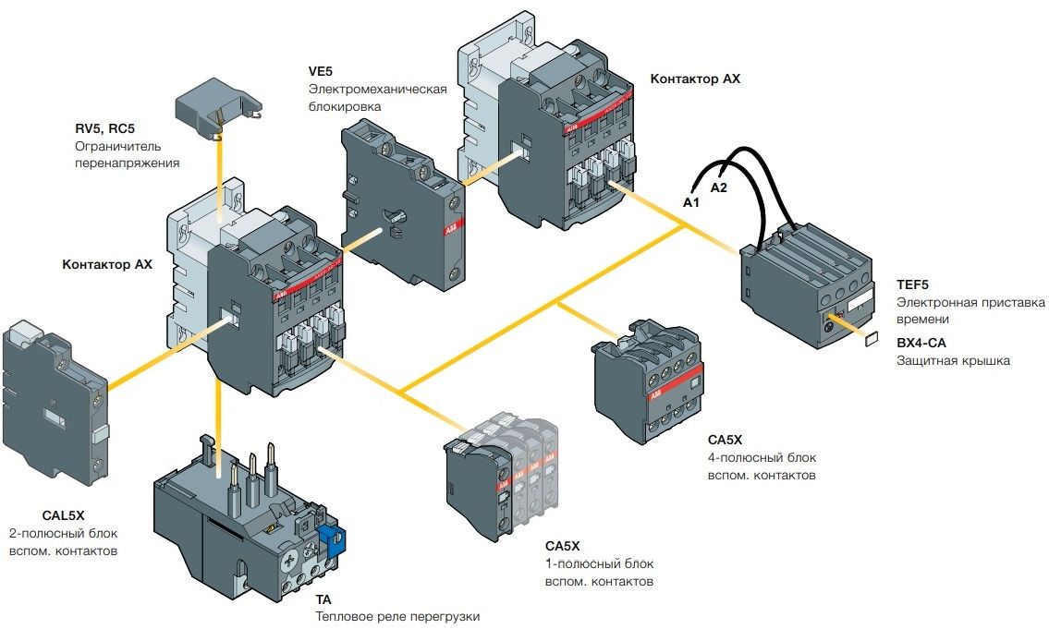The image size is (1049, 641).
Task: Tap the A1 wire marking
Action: click(x=690, y=201)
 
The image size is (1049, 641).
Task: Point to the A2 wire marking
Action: click(x=719, y=187)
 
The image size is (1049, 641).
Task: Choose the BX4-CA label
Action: click(x=921, y=343)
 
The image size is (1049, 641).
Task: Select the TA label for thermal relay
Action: click(x=324, y=599)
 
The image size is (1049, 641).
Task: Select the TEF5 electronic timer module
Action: click(x=808, y=284)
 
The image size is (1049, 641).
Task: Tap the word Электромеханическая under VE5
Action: click(x=378, y=90)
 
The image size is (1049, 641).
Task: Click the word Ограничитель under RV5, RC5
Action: click(x=118, y=146)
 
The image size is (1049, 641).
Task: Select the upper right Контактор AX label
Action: click(x=695, y=79)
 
